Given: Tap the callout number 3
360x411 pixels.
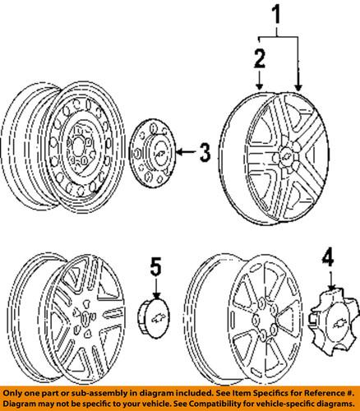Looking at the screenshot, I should pos(205,150).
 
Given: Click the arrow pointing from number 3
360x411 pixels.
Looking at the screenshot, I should pos(185,150).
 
